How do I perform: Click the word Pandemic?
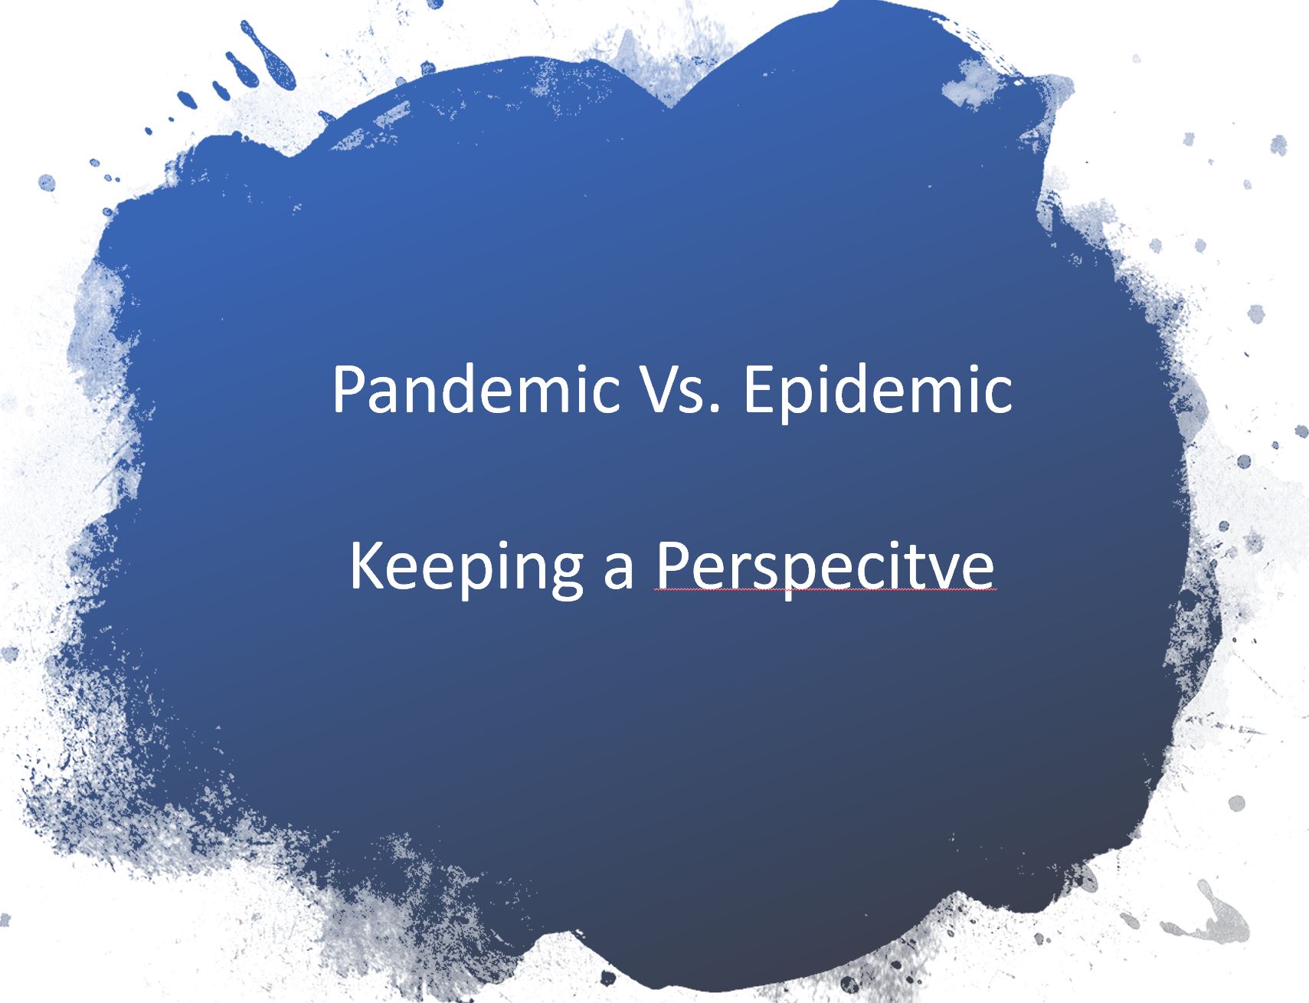click(475, 389)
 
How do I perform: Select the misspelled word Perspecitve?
click(824, 567)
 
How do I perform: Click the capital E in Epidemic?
click(758, 389)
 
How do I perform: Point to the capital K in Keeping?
click(365, 565)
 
